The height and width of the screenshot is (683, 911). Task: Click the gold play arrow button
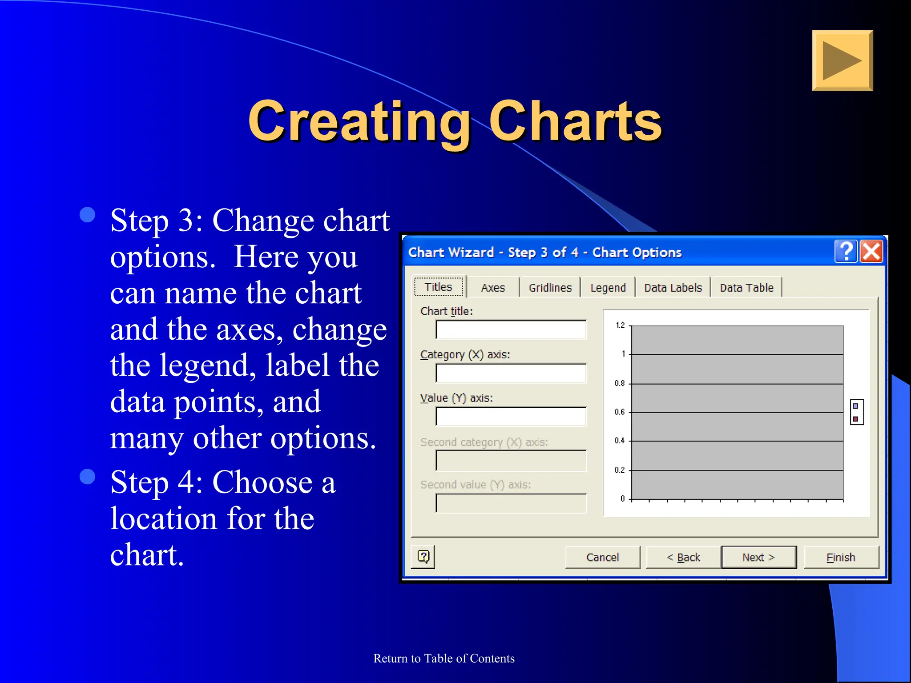(842, 60)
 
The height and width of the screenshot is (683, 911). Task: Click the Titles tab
(439, 287)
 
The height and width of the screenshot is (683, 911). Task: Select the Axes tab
(493, 288)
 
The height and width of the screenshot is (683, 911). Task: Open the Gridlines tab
(550, 288)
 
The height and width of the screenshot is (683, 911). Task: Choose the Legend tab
(608, 288)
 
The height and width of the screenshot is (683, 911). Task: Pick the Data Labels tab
(673, 288)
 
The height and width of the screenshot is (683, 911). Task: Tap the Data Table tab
(746, 288)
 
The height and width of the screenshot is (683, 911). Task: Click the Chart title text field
(511, 330)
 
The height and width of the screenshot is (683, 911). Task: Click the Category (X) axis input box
(511, 374)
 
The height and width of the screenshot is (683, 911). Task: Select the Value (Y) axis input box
(511, 417)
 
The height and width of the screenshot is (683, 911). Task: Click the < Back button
(683, 557)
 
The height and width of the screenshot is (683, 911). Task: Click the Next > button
(758, 557)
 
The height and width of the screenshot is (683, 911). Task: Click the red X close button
(871, 252)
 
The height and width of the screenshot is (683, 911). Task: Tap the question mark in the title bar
(846, 252)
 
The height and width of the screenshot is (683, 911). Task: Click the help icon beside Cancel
(423, 556)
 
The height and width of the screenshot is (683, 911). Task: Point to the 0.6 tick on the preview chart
(620, 412)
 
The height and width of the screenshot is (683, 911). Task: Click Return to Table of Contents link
(443, 658)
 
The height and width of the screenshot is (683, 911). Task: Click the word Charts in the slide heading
(575, 121)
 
